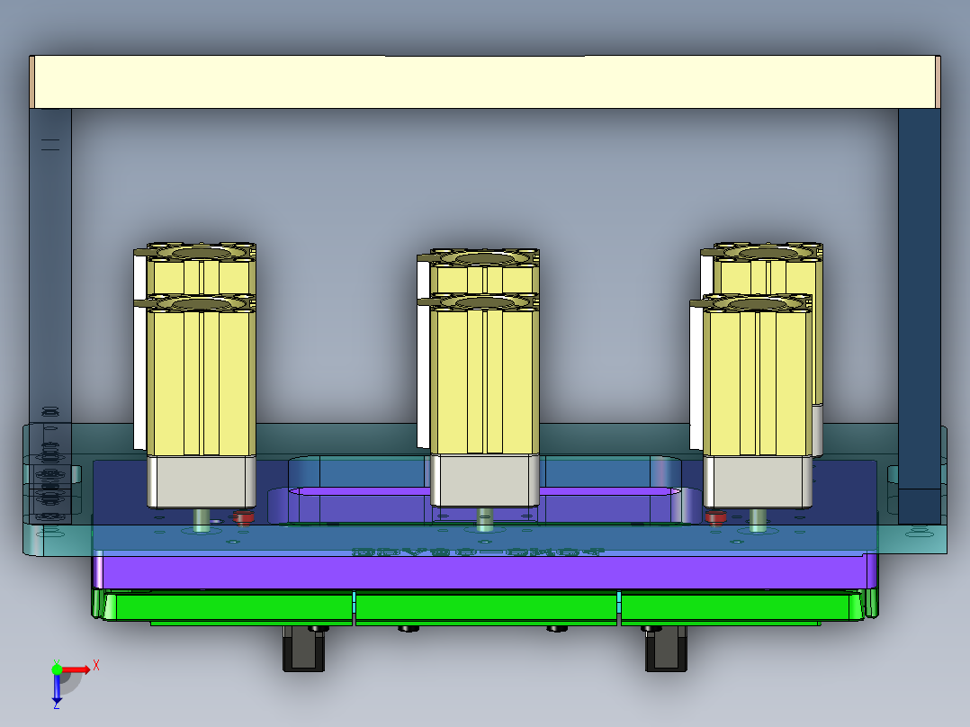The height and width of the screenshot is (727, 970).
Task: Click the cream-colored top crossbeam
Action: click(486, 82)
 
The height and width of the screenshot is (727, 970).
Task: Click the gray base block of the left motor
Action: click(202, 481)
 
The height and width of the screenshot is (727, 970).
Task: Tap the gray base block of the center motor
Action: click(485, 480)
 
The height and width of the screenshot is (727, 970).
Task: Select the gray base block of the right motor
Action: click(757, 481)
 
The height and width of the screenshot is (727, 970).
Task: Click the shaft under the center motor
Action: click(485, 519)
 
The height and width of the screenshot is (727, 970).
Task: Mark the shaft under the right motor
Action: click(758, 519)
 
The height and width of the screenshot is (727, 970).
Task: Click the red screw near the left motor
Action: click(242, 517)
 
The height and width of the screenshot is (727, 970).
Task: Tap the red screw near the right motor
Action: click(715, 516)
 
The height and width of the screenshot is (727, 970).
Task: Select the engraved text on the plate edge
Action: click(479, 552)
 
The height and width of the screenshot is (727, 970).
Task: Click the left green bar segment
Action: click(229, 606)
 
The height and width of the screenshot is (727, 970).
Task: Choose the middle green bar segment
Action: click(487, 606)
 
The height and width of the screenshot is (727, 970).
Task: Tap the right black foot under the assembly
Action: click(666, 649)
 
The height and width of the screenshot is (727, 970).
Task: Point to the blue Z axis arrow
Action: click(57, 688)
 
